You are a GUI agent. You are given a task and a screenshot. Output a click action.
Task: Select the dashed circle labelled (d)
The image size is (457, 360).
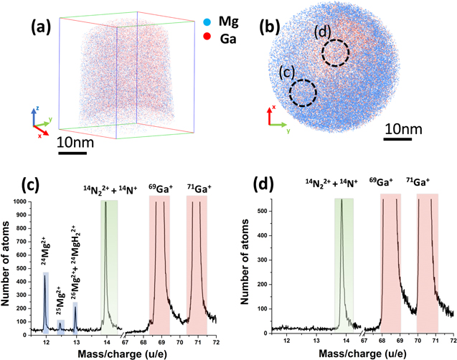pyautogui.click(x=334, y=52)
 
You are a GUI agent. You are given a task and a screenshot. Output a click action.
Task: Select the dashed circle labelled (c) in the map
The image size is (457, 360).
pyautogui.click(x=303, y=93)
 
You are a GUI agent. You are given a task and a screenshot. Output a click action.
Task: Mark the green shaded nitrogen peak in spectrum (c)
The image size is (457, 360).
pyautogui.click(x=109, y=265)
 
